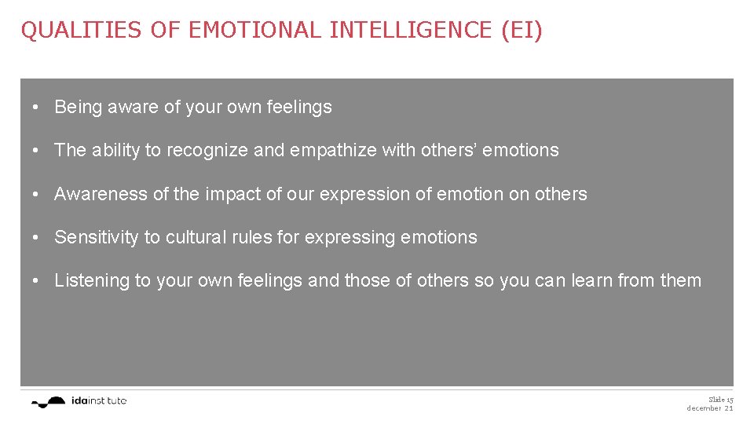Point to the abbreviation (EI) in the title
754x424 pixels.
click(x=520, y=31)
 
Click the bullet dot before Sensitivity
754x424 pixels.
click(x=37, y=238)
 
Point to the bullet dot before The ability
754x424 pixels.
click(x=37, y=151)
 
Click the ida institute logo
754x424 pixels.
click(x=79, y=401)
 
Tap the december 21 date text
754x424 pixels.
click(x=710, y=408)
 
